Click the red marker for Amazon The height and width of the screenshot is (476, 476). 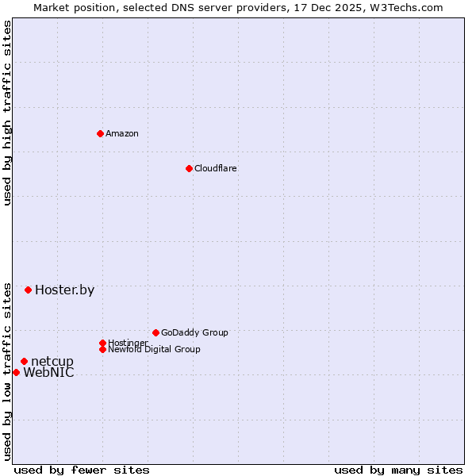point(100,133)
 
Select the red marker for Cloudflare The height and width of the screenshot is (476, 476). point(189,168)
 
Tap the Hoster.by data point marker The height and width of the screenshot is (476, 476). point(28,290)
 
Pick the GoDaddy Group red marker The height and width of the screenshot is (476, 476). point(155,332)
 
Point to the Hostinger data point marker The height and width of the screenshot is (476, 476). point(102,343)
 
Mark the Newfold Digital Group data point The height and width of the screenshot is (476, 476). point(102,349)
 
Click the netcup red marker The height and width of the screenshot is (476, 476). point(24,362)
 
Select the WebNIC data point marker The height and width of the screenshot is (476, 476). point(16,372)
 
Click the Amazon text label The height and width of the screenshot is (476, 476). point(122,133)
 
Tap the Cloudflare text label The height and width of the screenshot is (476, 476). point(216,168)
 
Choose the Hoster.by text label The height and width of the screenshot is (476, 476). point(64,290)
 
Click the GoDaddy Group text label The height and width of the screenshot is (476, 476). point(194,332)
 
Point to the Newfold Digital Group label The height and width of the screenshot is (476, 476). point(154,349)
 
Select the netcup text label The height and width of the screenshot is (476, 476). point(52,362)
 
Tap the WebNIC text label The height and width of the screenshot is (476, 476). point(48,373)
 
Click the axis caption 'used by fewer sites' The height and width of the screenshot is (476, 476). point(82,470)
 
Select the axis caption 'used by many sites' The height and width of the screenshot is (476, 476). point(398,470)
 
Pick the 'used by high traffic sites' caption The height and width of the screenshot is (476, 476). point(7,113)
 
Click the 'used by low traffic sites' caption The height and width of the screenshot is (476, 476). point(7,370)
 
